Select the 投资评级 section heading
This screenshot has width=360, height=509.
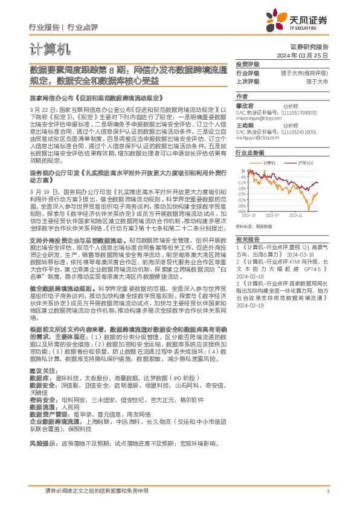[x=247, y=64]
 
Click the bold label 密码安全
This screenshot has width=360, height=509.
[x=41, y=400]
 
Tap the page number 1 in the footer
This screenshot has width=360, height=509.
[x=327, y=491]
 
